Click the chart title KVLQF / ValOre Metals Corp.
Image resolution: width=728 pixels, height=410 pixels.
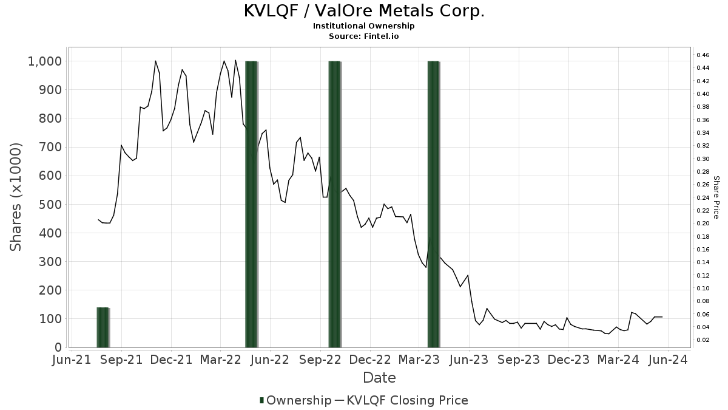pos(364,11)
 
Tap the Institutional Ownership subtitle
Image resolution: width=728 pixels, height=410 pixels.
pos(364,26)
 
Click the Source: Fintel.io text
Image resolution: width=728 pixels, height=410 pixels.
pos(364,36)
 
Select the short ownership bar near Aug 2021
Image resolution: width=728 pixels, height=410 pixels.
pos(103,327)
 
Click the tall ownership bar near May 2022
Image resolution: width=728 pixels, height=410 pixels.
pos(252,204)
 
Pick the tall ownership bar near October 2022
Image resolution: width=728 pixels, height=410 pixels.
pos(335,204)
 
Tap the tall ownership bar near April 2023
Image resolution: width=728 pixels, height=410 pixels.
pos(433,204)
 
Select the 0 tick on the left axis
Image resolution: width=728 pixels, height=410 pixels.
pos(58,347)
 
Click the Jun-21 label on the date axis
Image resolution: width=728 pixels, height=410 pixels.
pos(72,360)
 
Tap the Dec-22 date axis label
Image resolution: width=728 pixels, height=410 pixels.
pos(370,360)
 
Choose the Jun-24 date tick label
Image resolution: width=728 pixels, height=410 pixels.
pos(668,360)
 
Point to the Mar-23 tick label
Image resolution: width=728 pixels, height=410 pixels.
pos(420,360)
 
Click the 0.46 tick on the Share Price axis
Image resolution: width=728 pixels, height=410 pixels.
pos(703,55)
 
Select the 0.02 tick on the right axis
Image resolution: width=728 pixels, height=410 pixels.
pos(703,340)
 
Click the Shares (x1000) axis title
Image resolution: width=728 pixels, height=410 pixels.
pos(16,197)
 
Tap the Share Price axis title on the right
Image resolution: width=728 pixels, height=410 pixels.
pos(716,197)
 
